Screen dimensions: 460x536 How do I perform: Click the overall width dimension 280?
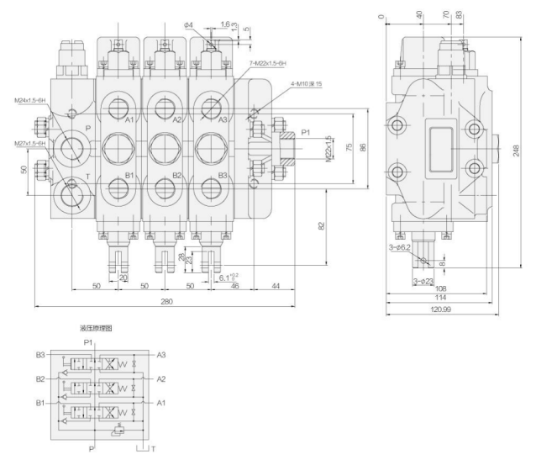[166, 301]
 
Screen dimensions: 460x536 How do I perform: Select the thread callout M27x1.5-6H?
[29, 143]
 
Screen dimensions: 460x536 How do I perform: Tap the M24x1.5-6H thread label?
[30, 102]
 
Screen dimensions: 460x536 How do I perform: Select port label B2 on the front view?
[176, 175]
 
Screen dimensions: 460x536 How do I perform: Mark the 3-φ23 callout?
[423, 280]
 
